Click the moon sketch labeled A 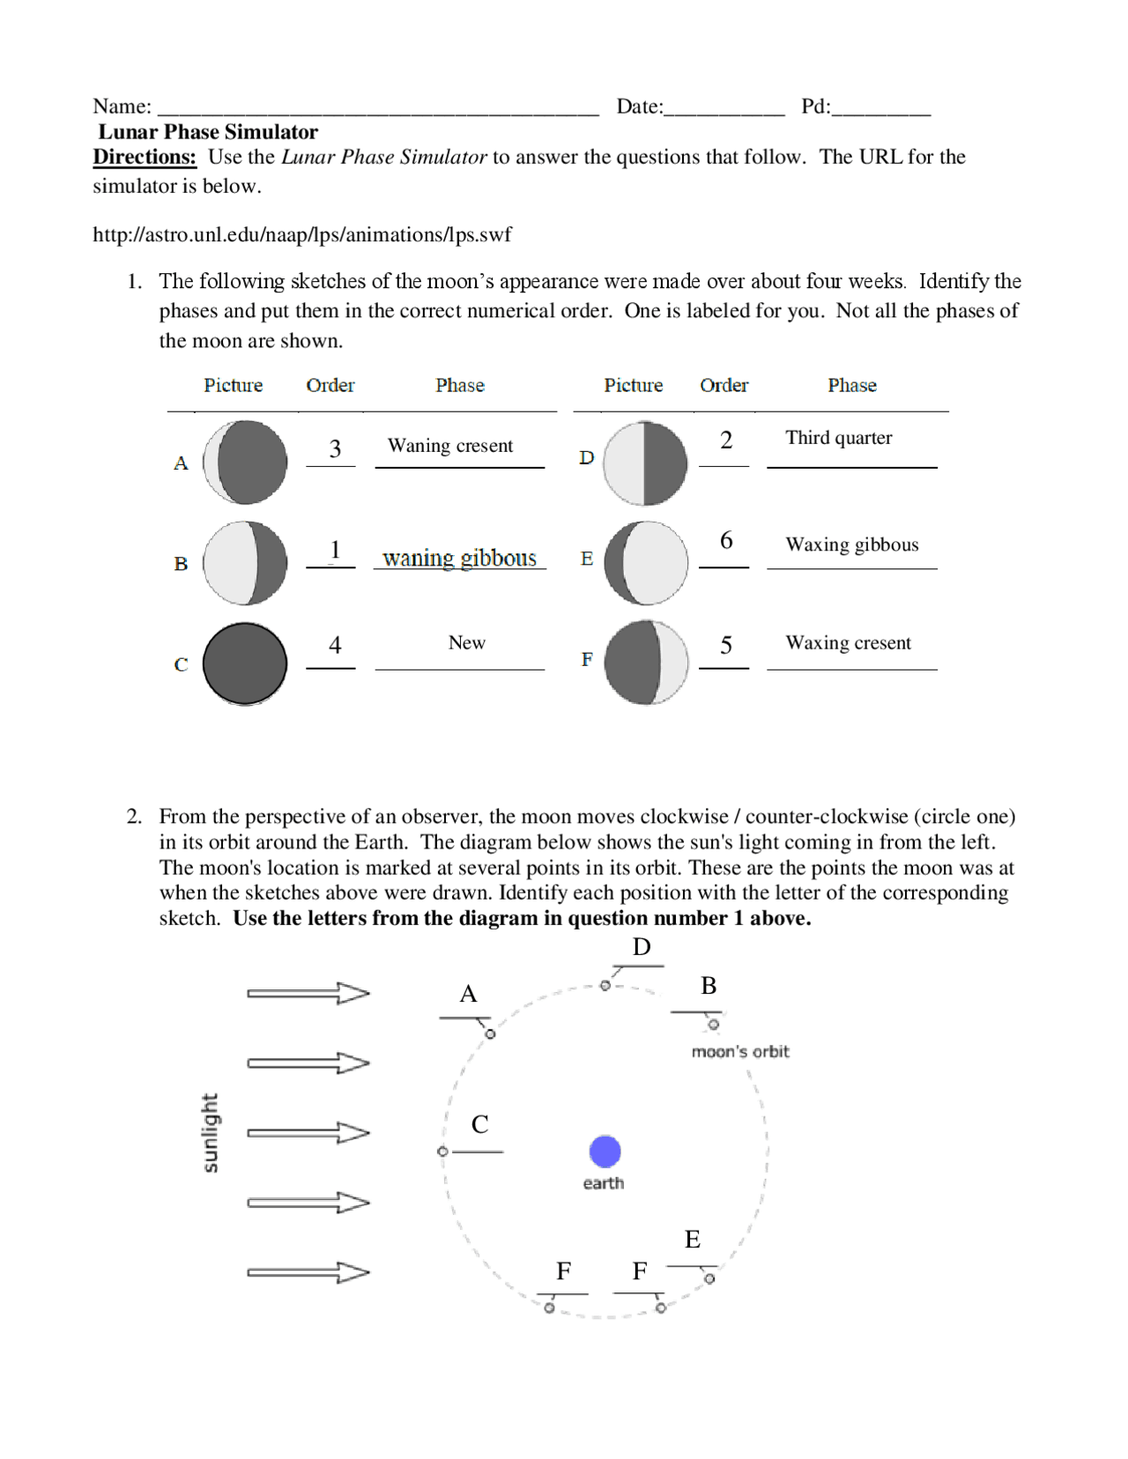pyautogui.click(x=245, y=463)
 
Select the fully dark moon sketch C pyautogui.click(x=245, y=663)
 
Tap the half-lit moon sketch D pyautogui.click(x=645, y=463)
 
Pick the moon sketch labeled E pyautogui.click(x=646, y=563)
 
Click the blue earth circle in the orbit pyautogui.click(x=605, y=1151)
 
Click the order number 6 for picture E pyautogui.click(x=726, y=540)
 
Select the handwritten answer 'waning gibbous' pyautogui.click(x=459, y=558)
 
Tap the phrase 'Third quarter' pyautogui.click(x=838, y=438)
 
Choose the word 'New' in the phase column pyautogui.click(x=466, y=642)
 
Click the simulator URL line pyautogui.click(x=301, y=234)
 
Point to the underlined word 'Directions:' pyautogui.click(x=145, y=157)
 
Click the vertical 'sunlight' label pyautogui.click(x=210, y=1133)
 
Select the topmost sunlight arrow pyautogui.click(x=308, y=993)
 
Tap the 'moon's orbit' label pyautogui.click(x=740, y=1051)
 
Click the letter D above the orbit pyautogui.click(x=642, y=947)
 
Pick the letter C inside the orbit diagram pyautogui.click(x=479, y=1124)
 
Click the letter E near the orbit pyautogui.click(x=693, y=1240)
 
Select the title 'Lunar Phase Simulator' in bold pyautogui.click(x=208, y=132)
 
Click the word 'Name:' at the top pyautogui.click(x=122, y=107)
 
